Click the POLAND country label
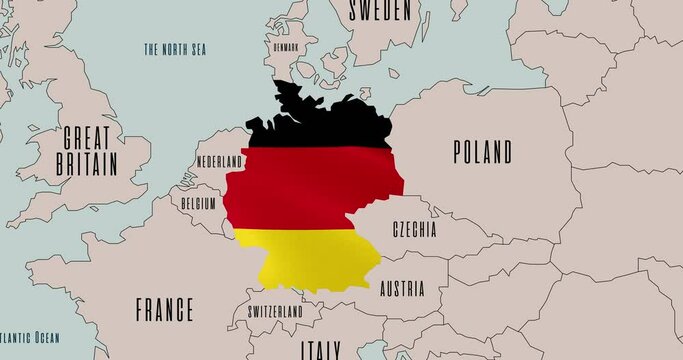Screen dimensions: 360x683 [x=482, y=153]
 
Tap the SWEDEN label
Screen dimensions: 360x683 [x=379, y=10]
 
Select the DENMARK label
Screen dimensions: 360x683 [x=286, y=46]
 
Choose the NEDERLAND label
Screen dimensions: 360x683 [x=219, y=161]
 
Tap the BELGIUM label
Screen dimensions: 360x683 [x=199, y=202]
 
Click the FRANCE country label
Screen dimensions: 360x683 [x=163, y=310]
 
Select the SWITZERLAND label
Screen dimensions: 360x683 [x=275, y=312]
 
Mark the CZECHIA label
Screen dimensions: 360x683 [x=414, y=229]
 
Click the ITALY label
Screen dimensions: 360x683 [x=320, y=350]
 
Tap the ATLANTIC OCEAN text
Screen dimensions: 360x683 [x=30, y=338]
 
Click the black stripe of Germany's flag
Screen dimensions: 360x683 [x=320, y=125]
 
